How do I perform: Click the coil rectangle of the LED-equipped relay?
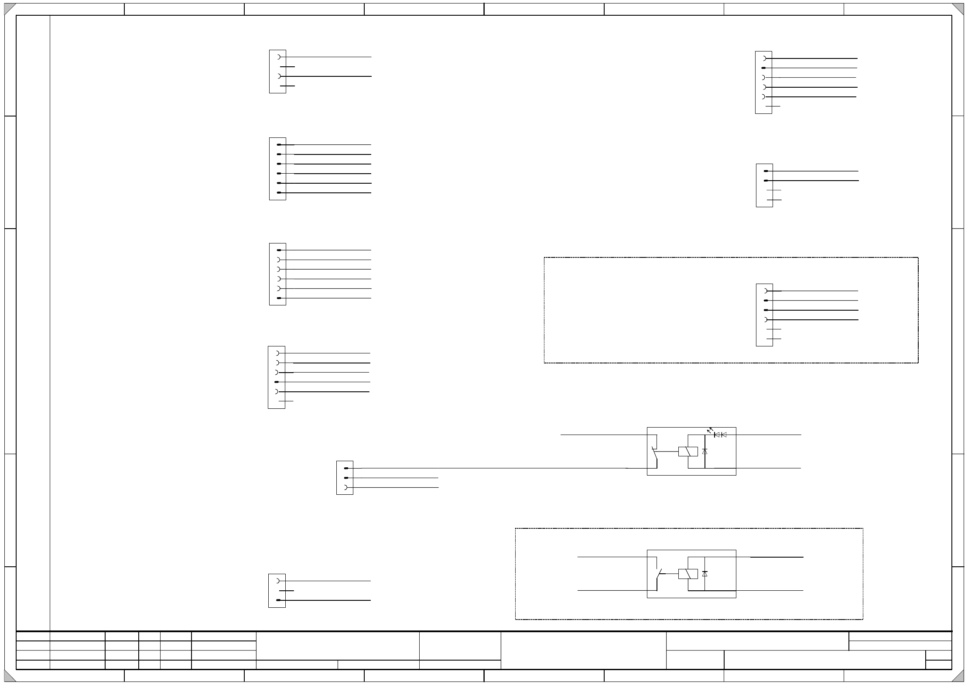click(688, 452)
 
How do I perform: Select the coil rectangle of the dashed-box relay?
click(688, 574)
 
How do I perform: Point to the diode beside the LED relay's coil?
click(705, 452)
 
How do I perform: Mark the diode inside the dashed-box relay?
click(705, 574)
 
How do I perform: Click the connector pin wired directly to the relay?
click(346, 468)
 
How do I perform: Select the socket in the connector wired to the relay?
click(346, 487)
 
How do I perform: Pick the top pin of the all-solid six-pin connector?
click(279, 144)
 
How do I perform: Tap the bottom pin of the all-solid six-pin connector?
click(279, 192)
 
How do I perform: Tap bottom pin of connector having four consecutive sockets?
click(279, 298)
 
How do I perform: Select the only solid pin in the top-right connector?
click(763, 68)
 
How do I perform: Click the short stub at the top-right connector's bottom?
click(773, 106)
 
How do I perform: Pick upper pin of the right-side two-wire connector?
click(766, 171)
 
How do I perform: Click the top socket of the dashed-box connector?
click(766, 291)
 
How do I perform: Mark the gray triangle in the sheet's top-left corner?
click(10, 9)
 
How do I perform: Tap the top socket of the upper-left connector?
click(279, 57)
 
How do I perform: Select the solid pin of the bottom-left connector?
click(278, 600)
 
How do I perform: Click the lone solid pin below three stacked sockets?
click(277, 382)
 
